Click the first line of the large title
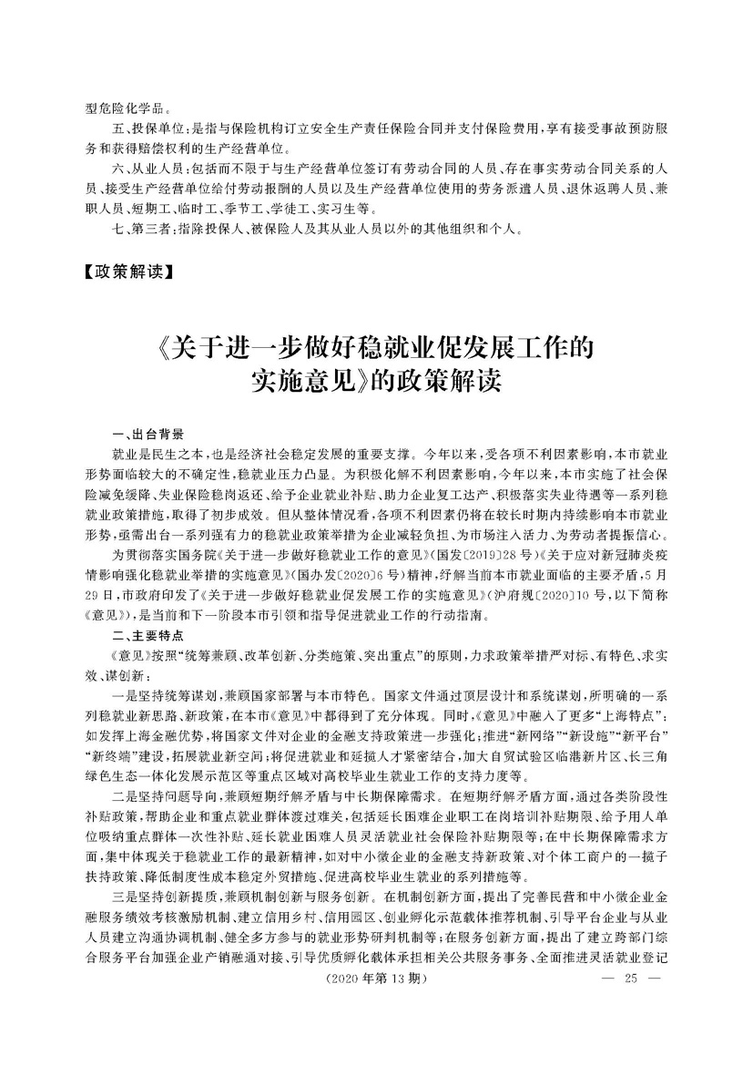tap(376, 347)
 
